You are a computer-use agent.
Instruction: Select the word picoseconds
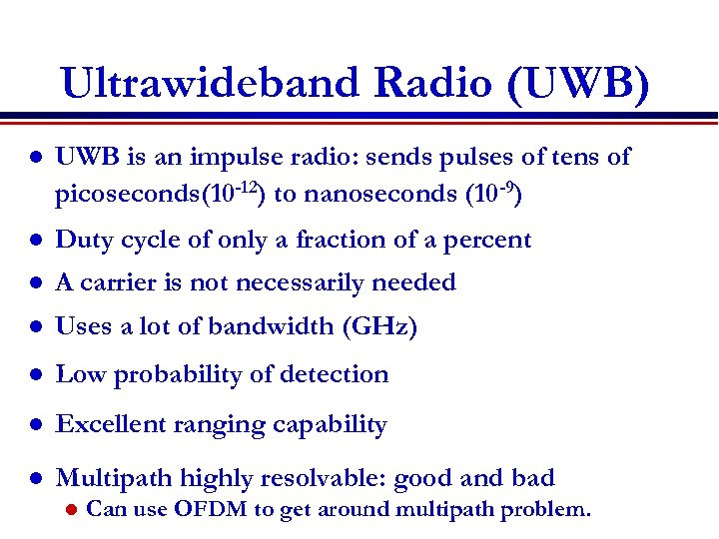pos(128,193)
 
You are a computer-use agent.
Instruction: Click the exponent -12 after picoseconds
pos(246,186)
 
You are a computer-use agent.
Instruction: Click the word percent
pos(489,241)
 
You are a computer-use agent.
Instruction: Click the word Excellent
pos(105,424)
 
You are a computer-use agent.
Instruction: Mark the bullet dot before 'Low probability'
pos(34,375)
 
